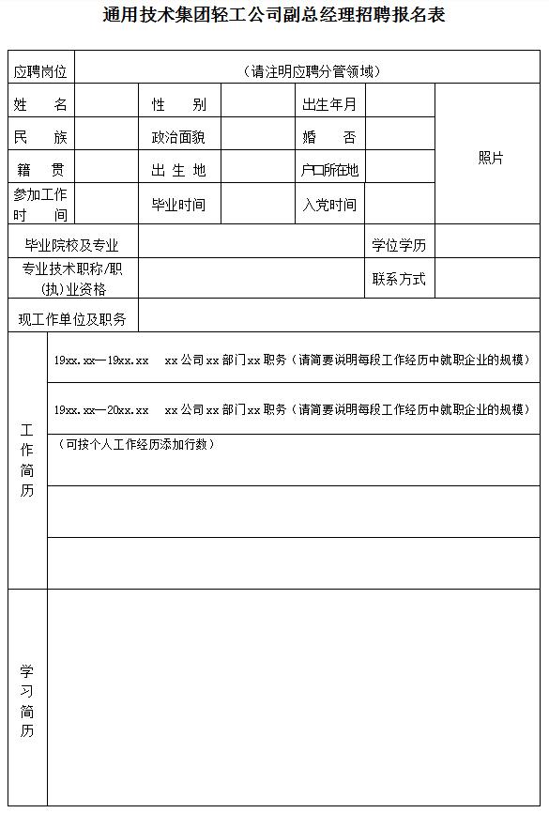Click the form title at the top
click(273, 16)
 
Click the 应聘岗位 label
click(40, 71)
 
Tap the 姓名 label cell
click(40, 104)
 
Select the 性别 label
click(178, 104)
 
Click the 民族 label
click(40, 137)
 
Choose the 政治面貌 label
click(178, 137)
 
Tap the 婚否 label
click(329, 137)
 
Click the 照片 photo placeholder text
click(491, 158)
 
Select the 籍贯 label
click(40, 170)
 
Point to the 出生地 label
click(178, 170)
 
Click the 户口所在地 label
click(329, 170)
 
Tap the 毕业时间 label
click(178, 205)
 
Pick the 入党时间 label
click(329, 205)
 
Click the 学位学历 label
click(399, 245)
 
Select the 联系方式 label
click(399, 279)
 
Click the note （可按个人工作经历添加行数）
click(135, 444)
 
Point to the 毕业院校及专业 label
click(72, 245)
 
